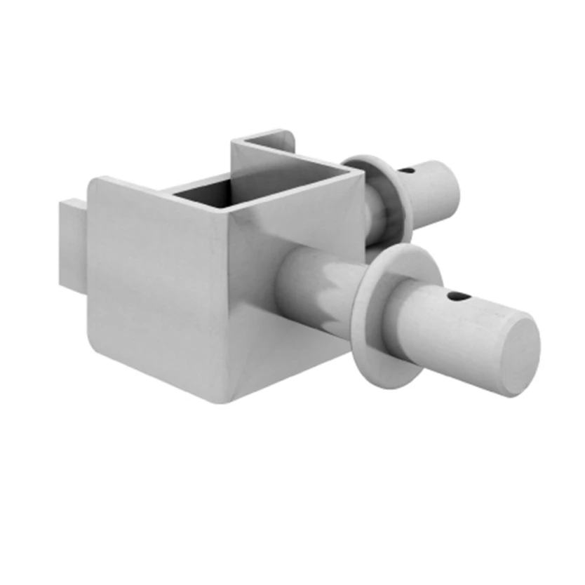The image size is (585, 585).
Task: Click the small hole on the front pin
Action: click(457, 297)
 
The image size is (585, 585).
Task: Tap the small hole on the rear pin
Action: click(408, 169)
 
